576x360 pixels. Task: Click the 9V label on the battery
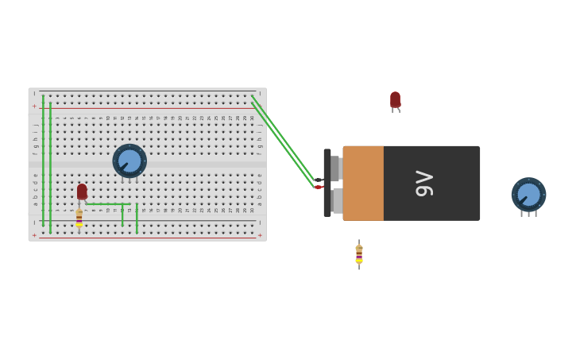click(424, 184)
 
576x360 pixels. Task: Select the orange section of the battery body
click(363, 184)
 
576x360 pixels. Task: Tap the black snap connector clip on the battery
click(327, 183)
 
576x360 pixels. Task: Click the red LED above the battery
click(395, 99)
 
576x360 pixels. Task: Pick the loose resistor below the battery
click(359, 254)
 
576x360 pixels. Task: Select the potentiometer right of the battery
click(528, 195)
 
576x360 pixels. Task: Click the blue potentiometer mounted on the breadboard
click(130, 161)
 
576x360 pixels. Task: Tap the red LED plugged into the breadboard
click(82, 192)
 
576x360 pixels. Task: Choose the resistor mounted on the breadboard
click(79, 218)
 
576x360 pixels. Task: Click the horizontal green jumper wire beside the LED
click(107, 204)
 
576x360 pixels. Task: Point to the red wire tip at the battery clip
click(318, 188)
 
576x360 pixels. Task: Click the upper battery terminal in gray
click(335, 168)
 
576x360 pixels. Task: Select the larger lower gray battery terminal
click(338, 201)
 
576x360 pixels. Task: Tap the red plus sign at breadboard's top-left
click(34, 106)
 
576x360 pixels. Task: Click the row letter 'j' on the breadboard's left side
click(35, 125)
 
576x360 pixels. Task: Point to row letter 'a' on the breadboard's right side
click(259, 203)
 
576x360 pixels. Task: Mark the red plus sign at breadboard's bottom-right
click(260, 235)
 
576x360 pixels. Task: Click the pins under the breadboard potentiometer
click(130, 180)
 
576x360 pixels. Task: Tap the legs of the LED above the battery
click(395, 110)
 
